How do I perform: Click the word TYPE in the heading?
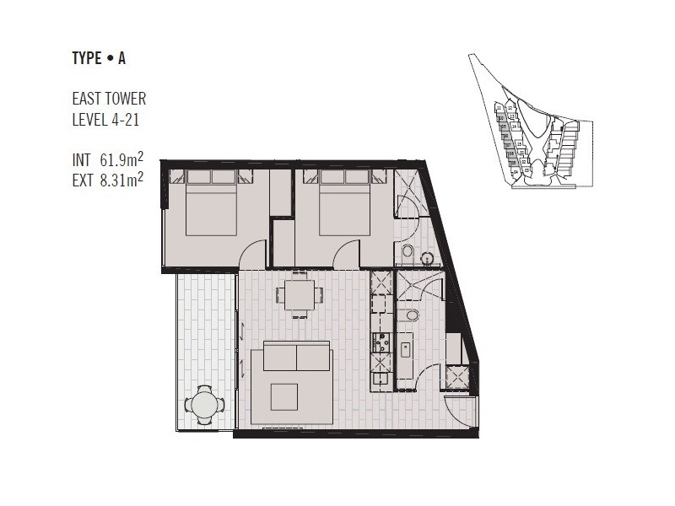(87, 58)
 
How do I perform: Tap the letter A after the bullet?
(122, 58)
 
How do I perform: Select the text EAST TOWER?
(109, 100)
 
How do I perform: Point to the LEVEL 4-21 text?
(105, 120)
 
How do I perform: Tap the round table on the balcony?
(205, 405)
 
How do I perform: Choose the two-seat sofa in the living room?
(296, 356)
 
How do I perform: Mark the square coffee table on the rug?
(283, 396)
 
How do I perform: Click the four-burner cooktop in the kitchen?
(381, 342)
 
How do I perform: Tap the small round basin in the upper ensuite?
(407, 250)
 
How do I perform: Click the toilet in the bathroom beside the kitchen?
(412, 315)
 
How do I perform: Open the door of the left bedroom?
(253, 255)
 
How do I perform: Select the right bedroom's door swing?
(346, 255)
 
